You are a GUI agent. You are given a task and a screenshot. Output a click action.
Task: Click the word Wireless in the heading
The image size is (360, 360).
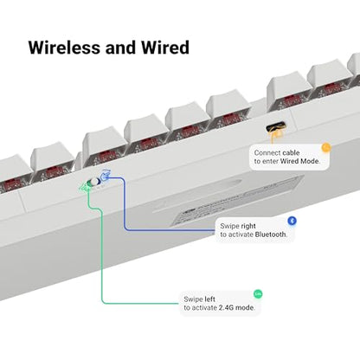click(x=65, y=48)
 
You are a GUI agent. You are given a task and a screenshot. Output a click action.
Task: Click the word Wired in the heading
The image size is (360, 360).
click(x=165, y=48)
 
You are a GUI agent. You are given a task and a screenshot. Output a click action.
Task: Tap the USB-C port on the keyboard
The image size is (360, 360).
click(x=276, y=126)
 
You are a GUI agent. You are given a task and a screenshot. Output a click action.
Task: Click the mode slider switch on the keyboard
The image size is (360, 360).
click(x=93, y=182)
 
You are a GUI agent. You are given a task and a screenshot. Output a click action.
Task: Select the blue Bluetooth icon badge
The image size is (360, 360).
click(x=292, y=221)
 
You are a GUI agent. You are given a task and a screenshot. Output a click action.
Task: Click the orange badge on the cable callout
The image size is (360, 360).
click(x=326, y=148)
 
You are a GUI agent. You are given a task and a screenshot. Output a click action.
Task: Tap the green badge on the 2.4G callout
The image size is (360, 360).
click(x=258, y=294)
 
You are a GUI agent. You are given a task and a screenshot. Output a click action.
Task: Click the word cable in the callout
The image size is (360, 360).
click(x=291, y=152)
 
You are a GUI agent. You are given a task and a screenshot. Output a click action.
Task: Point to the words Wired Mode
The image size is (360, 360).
click(x=299, y=161)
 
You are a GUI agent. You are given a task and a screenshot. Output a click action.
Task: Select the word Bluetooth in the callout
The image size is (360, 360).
click(x=271, y=235)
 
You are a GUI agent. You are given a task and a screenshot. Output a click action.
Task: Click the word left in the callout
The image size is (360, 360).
click(x=210, y=299)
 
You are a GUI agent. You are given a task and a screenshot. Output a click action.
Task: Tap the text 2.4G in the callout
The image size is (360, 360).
click(x=226, y=308)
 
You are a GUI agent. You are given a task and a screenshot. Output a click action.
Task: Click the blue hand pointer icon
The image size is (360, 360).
click(x=105, y=175)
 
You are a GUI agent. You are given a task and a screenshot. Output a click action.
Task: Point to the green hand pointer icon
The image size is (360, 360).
click(x=84, y=188)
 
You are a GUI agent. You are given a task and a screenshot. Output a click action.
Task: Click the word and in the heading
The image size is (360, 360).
click(x=120, y=48)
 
